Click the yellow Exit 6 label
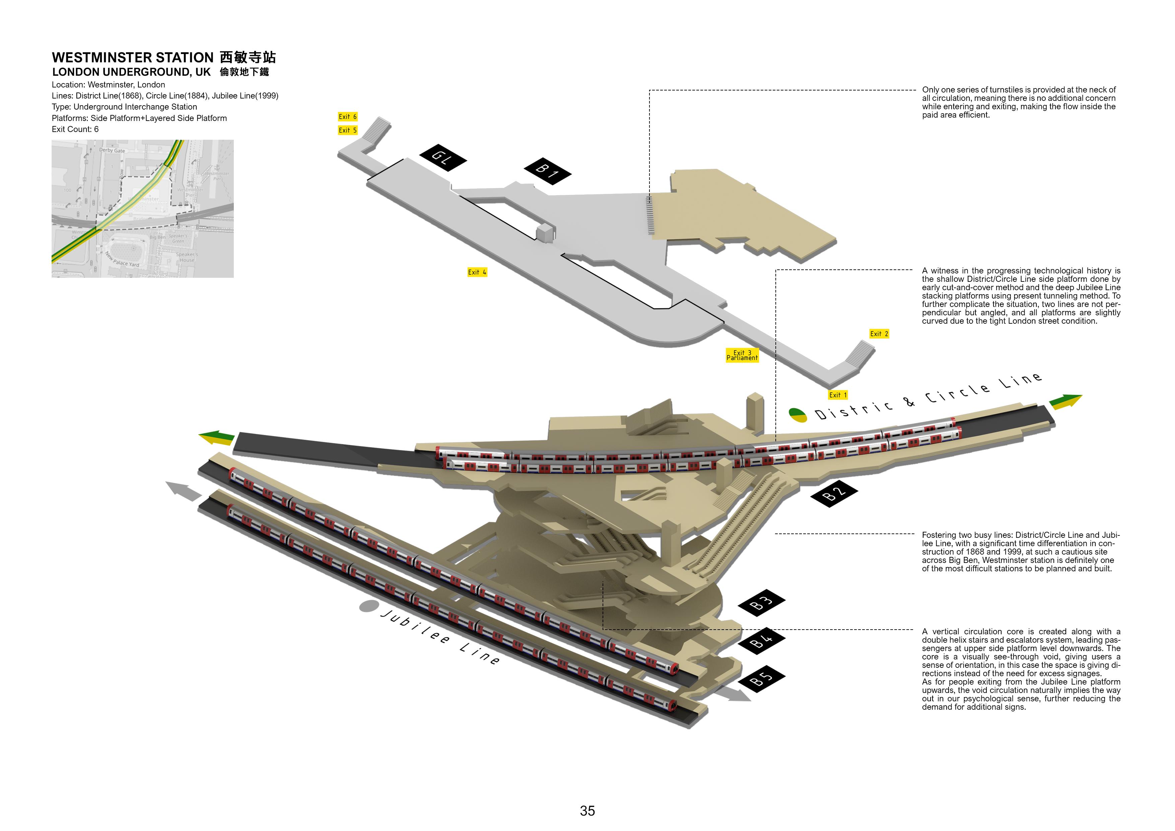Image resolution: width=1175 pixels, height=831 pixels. coord(347,117)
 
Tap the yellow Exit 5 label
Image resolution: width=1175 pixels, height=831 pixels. coord(347,130)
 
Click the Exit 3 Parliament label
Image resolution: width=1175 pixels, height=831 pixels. coord(742,355)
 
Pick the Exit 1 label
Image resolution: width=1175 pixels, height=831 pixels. coord(838,395)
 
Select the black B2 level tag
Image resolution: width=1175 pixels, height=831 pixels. coord(834,493)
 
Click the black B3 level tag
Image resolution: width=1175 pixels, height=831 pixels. coord(761,602)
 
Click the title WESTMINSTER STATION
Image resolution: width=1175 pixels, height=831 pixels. coord(133,57)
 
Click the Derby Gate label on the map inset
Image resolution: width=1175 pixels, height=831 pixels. coord(112,150)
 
